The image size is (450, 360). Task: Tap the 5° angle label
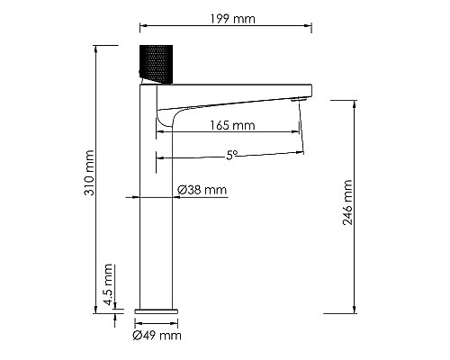(232, 154)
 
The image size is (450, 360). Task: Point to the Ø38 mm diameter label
(202, 190)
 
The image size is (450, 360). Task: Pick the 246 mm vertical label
(348, 202)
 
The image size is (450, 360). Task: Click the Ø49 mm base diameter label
(157, 336)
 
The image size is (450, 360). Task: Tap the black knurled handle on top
(157, 62)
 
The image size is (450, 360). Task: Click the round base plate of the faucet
(157, 309)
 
